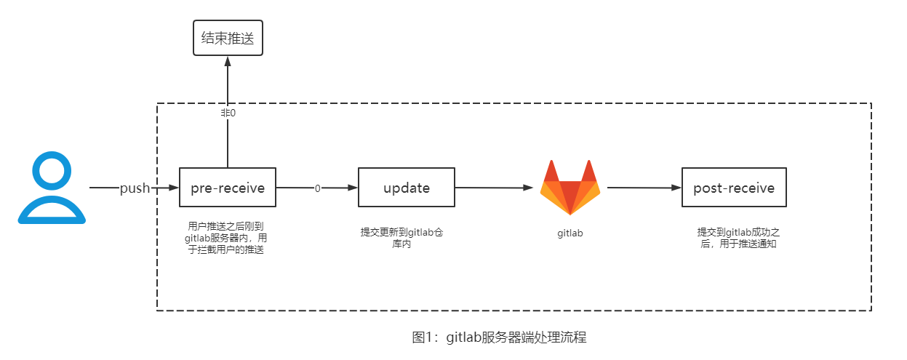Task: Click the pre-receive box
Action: coord(228,188)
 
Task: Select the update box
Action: coord(407,188)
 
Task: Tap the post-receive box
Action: coord(734,188)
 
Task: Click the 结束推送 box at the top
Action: coord(228,39)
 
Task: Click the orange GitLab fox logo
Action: coord(570,188)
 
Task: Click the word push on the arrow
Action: coord(135,188)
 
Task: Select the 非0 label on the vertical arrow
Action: coord(228,113)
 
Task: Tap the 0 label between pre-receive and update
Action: coord(317,188)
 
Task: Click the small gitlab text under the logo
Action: coord(570,233)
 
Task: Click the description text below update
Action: coord(407,239)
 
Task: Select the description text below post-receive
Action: coord(738,238)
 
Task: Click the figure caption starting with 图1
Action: coord(499,337)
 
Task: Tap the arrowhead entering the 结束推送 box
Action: coord(228,61)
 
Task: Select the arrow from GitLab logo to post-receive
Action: coord(644,188)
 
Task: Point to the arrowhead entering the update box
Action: coord(353,188)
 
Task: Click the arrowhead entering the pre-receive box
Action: coord(175,188)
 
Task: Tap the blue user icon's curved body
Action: coord(52,210)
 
